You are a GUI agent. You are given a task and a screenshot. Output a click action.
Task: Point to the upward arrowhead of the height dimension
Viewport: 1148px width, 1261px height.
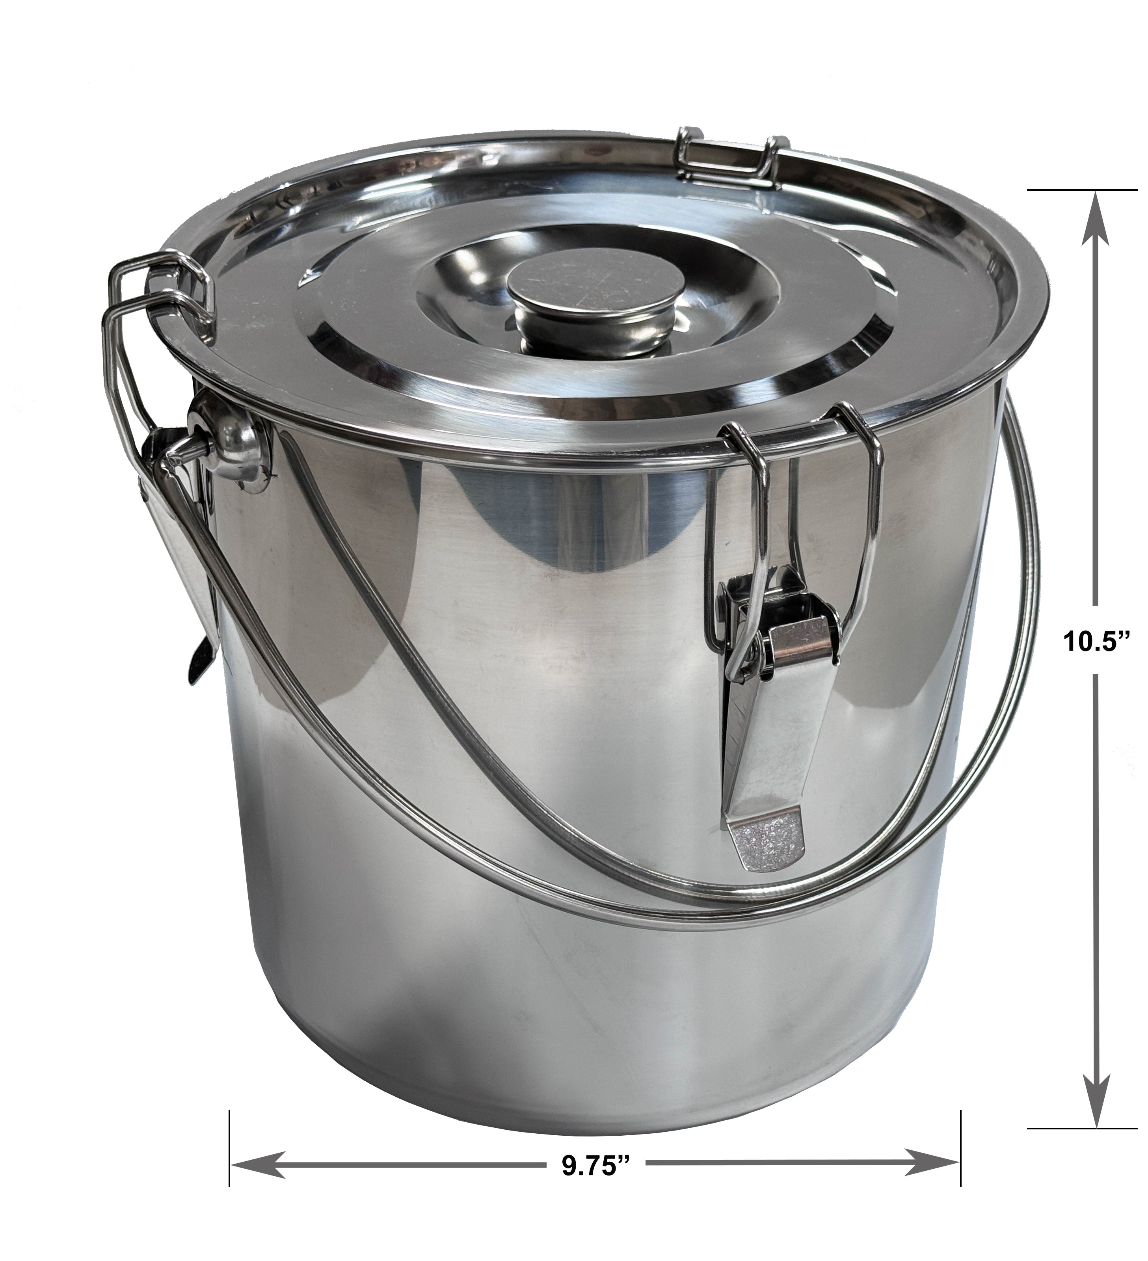pos(1096,225)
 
